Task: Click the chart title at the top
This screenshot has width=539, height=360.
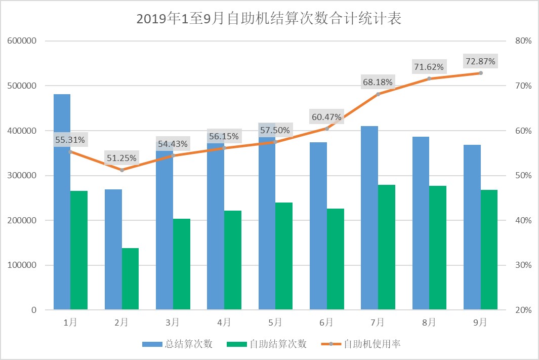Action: tap(269, 19)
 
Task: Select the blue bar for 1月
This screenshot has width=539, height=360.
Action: tap(62, 203)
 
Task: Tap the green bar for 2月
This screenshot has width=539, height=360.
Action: tap(130, 279)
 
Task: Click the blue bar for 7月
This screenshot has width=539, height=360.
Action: tap(369, 218)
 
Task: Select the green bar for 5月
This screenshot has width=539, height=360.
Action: tap(284, 256)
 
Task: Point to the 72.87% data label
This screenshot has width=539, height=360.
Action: tap(480, 62)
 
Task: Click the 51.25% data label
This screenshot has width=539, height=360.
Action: tap(121, 158)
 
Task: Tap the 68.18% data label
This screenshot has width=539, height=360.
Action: tap(378, 82)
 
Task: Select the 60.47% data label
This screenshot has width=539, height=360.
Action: tap(326, 117)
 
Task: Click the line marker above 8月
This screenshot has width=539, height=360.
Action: tap(429, 78)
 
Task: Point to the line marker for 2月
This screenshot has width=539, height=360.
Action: tap(122, 170)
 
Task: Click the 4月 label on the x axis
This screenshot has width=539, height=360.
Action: tap(224, 322)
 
